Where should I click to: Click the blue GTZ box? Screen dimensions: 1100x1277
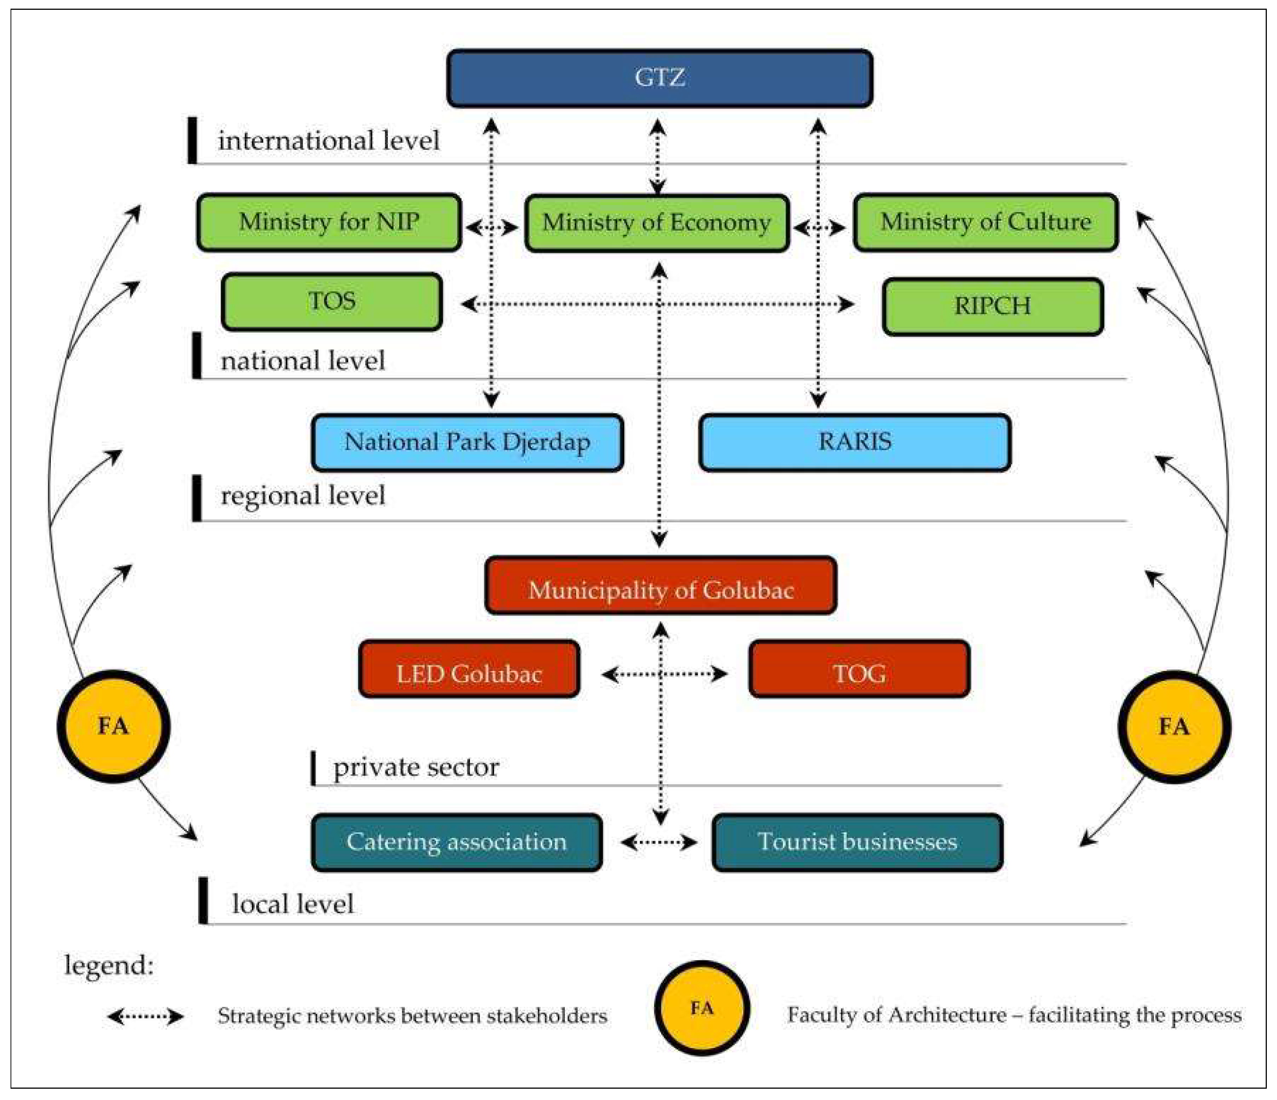659,78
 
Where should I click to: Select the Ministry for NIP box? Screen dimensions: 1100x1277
329,222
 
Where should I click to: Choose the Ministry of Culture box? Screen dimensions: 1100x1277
986,222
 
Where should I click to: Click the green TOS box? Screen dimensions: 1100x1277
331,301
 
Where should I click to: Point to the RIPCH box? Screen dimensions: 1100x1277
992,306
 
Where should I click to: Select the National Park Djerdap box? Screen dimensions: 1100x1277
467,442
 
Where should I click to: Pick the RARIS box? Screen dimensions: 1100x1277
855,442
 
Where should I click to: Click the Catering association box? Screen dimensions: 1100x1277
457,842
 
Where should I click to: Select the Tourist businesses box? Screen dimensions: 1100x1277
857,842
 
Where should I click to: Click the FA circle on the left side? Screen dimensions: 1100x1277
113,726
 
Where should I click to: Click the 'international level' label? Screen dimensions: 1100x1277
328,141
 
